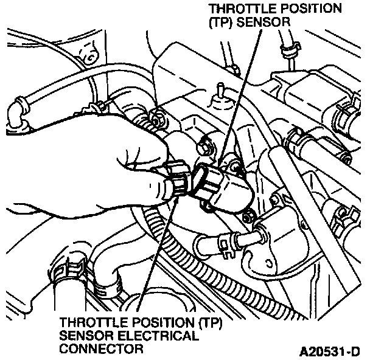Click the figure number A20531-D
(329, 351)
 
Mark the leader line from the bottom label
(155, 255)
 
